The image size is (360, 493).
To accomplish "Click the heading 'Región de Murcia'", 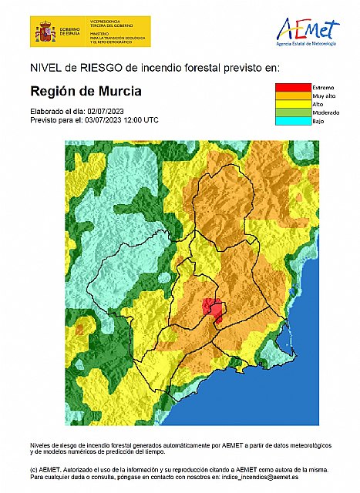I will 86,91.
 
